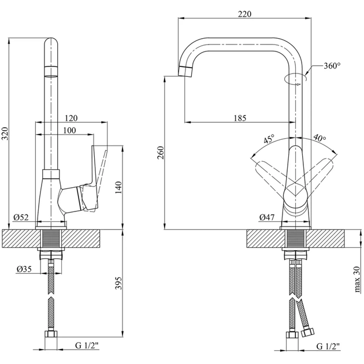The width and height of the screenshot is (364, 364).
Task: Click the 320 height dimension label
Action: [5, 133]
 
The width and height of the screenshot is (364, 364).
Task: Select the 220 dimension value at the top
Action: [244, 14]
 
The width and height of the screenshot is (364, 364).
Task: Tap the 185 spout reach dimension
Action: [240, 118]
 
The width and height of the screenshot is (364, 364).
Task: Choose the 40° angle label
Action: [320, 139]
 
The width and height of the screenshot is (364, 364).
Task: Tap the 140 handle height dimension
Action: [118, 186]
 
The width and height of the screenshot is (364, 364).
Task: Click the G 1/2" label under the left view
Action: [87, 346]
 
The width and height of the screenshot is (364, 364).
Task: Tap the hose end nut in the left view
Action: [51, 335]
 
